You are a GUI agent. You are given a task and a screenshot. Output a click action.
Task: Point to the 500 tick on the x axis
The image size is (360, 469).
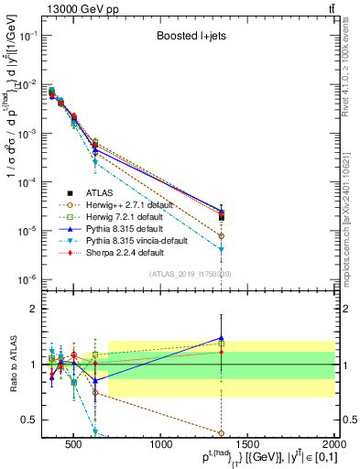point(74,445)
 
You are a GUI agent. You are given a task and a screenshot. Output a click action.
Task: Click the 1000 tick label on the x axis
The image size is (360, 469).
point(162,445)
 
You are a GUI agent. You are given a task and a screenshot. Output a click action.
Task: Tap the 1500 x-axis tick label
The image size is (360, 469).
point(249,445)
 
